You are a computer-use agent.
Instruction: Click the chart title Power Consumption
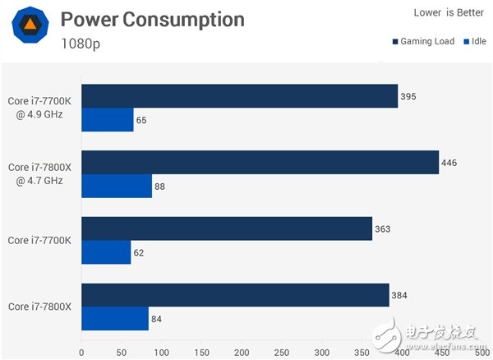point(152,20)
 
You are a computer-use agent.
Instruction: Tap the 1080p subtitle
point(82,44)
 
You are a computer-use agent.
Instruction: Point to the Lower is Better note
point(445,12)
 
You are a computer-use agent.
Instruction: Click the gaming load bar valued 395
point(239,96)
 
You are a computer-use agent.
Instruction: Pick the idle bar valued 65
point(107,120)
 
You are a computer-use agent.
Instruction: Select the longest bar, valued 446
point(260,162)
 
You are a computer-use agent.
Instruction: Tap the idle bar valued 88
point(117,186)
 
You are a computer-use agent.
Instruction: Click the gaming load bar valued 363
point(226,228)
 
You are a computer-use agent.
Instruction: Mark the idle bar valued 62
point(106,252)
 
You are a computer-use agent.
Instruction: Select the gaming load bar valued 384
point(235,295)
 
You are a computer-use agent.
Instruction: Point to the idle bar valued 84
point(115,319)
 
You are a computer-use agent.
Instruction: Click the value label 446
point(449,163)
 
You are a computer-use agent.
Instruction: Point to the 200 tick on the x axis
point(241,352)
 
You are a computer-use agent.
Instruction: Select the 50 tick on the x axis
point(121,352)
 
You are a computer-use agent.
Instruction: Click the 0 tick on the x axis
point(81,352)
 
